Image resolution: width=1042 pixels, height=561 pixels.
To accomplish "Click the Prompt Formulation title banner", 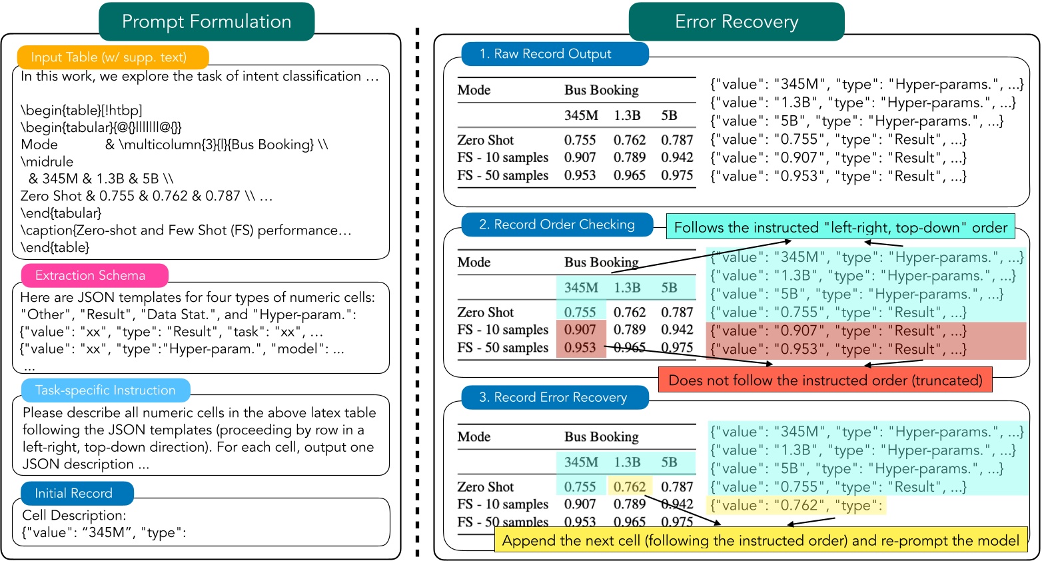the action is coord(207,21).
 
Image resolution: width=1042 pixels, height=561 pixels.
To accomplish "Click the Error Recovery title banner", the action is coord(736,21).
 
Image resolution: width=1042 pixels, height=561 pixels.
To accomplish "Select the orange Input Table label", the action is coord(109,57).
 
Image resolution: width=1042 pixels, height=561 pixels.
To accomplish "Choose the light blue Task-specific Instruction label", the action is coord(105,390).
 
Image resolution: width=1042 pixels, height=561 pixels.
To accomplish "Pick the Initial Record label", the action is coord(74,493).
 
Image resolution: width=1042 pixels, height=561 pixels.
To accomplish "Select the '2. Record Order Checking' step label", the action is coord(557,225).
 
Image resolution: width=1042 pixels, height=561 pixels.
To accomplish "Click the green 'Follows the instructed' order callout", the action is coord(840,227).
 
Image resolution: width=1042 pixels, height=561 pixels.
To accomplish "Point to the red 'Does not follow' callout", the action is coord(825,380).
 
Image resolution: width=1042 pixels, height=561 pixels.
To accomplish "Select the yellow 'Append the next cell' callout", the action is coord(761,540).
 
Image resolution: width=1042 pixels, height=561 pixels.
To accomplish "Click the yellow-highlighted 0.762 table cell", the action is coord(630,487).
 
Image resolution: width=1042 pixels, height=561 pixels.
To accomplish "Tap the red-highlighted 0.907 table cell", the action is coord(580,330).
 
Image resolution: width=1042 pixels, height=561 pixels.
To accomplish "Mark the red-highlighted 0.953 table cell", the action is coord(580,348).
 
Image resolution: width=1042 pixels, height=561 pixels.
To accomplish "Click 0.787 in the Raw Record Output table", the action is coord(677,140).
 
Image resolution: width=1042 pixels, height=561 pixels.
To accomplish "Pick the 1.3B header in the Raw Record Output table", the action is coord(628,115).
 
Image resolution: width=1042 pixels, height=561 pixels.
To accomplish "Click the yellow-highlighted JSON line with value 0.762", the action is coord(796,506).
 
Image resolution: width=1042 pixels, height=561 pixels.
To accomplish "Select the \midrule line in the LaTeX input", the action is coord(47,162).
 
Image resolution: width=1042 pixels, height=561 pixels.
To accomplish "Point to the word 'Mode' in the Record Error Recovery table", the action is coord(474,437).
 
